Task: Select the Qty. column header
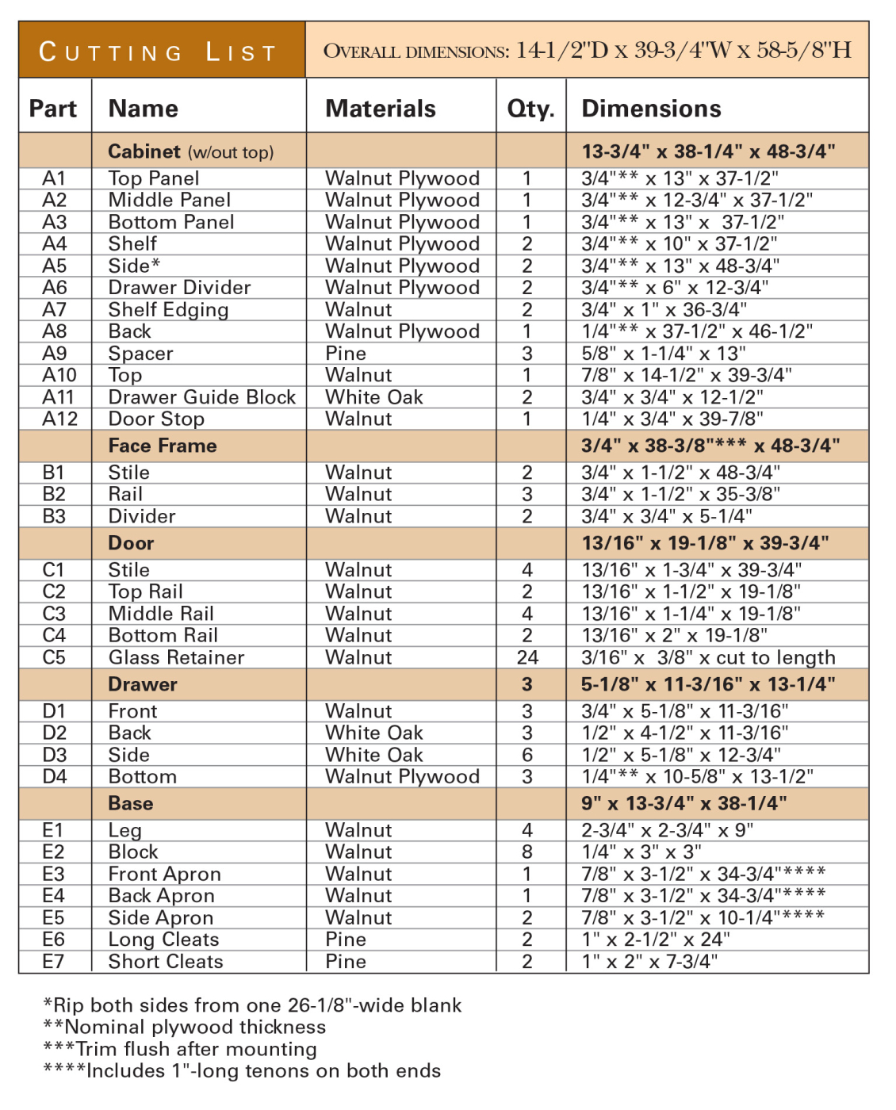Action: click(530, 109)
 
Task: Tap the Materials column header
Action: click(380, 109)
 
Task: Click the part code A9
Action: click(54, 354)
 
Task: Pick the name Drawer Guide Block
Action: click(201, 397)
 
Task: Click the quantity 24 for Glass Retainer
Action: click(527, 657)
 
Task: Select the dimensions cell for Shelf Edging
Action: click(664, 310)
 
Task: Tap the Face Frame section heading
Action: click(163, 446)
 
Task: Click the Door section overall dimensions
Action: click(705, 543)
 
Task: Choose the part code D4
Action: click(54, 776)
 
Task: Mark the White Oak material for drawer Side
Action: click(373, 755)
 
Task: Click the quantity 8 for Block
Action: click(527, 852)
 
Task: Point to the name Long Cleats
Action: click(163, 940)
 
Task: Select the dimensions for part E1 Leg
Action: click(667, 830)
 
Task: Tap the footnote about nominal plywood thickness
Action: click(184, 1028)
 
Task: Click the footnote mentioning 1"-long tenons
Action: click(241, 1071)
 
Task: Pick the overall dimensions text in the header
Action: click(587, 51)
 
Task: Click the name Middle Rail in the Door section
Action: click(161, 614)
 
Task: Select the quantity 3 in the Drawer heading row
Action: click(527, 684)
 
